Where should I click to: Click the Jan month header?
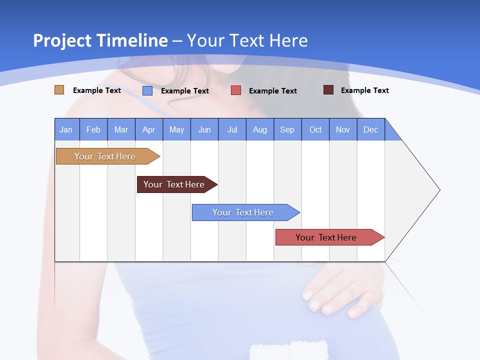pos(66,129)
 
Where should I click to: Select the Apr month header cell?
pos(148,129)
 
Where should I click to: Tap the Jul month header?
pos(232,129)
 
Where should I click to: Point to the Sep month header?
pos(287,129)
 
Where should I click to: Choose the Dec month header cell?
pos(370,129)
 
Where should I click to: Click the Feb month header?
pos(93,129)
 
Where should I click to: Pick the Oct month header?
pos(315,129)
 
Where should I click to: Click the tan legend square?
pos(59,90)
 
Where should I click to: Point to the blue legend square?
pos(147,90)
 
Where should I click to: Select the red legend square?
pos(236,90)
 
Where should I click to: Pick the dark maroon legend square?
pos(328,90)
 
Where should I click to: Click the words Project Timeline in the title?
pos(100,40)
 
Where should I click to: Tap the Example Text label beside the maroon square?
pos(364,90)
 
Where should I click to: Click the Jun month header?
pos(204,129)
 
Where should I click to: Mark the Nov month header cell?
pos(343,129)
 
